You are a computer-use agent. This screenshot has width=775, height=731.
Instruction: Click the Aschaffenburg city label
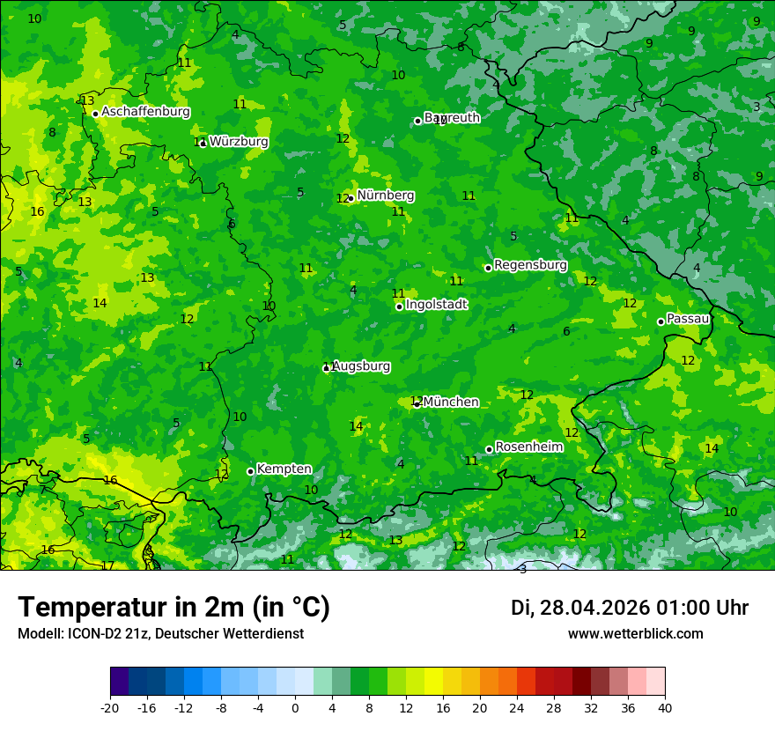click(x=145, y=112)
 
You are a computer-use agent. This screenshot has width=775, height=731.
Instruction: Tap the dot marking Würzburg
click(x=203, y=144)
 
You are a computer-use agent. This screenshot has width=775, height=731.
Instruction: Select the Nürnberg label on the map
click(x=386, y=196)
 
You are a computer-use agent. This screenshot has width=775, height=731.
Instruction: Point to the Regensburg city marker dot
click(x=488, y=268)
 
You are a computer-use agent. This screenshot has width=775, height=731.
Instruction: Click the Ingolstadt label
click(x=437, y=305)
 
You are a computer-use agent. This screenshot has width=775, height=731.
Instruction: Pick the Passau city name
click(x=689, y=319)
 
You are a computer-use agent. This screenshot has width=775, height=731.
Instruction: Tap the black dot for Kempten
click(x=251, y=471)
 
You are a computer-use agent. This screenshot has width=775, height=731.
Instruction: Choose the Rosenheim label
click(x=529, y=447)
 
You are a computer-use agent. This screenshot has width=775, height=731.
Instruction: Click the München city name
click(x=451, y=402)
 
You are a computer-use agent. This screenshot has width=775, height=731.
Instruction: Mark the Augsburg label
click(x=361, y=366)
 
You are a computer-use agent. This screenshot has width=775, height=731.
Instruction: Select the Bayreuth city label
click(x=453, y=118)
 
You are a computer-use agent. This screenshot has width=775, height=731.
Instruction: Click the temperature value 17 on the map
click(x=107, y=566)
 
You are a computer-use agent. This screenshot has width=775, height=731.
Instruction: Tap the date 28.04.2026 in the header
click(x=592, y=608)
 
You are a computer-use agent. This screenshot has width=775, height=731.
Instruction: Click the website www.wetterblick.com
click(x=635, y=633)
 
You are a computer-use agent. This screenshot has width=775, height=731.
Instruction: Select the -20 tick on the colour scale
click(x=110, y=707)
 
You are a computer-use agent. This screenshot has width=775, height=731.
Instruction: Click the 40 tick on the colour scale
click(x=665, y=707)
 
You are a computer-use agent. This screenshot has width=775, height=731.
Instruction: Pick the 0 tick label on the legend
click(x=295, y=707)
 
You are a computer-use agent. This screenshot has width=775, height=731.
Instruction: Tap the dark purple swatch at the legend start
click(x=120, y=682)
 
